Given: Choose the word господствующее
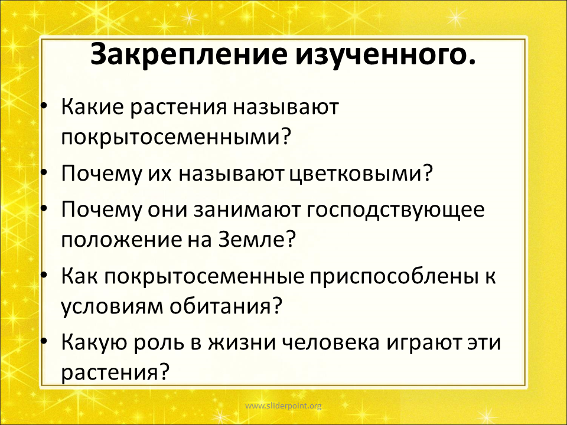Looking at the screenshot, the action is pos(396,210).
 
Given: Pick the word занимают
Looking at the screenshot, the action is pos(247,210).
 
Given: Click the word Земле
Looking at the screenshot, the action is pos(257,239).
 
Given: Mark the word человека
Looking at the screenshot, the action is pos(331,342).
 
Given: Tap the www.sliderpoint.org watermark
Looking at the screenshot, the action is pos(283,406).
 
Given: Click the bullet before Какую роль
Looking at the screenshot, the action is pos(44,341).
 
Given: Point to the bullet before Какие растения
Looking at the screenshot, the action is pos(44,106).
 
